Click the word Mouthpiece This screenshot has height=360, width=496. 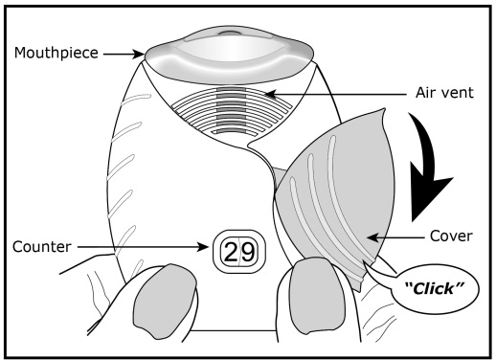coord(56,53)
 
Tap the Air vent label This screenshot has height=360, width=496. coord(444,93)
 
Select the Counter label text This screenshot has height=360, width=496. coord(41,247)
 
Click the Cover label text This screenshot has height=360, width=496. coord(451,236)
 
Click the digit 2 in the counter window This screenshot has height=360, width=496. coord(231,252)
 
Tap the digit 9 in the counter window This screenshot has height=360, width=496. coord(248,252)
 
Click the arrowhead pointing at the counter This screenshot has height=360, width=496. coord(203,247)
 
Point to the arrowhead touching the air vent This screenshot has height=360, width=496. coord(270,94)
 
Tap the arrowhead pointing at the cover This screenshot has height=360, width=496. coord(372,237)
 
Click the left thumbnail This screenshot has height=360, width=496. coord(164,301)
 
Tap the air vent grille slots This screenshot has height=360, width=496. coord(232,110)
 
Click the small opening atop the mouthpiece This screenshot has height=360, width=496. coord(229,33)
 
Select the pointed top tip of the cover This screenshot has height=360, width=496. coord(384,109)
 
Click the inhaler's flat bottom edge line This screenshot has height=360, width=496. coord(233,330)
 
